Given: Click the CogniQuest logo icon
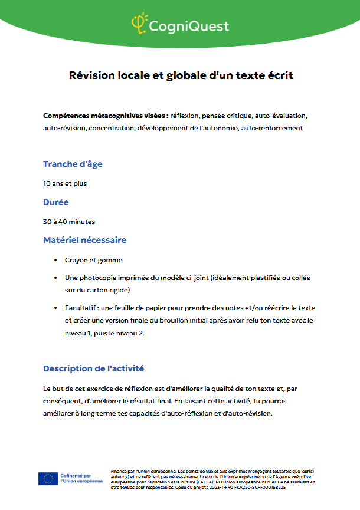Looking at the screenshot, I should (x=139, y=23).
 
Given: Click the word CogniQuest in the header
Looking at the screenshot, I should (x=188, y=26).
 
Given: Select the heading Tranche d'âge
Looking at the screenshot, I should (x=68, y=164).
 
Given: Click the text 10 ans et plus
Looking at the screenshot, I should (x=65, y=183).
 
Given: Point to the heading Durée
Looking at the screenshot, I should (x=56, y=202).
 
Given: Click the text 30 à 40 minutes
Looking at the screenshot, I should (x=69, y=222).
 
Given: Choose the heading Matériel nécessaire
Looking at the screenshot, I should (x=84, y=240).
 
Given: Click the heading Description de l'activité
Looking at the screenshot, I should (x=94, y=368).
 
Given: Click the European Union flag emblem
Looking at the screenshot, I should (x=48, y=478).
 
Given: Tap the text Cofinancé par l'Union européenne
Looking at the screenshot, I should (x=81, y=478).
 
